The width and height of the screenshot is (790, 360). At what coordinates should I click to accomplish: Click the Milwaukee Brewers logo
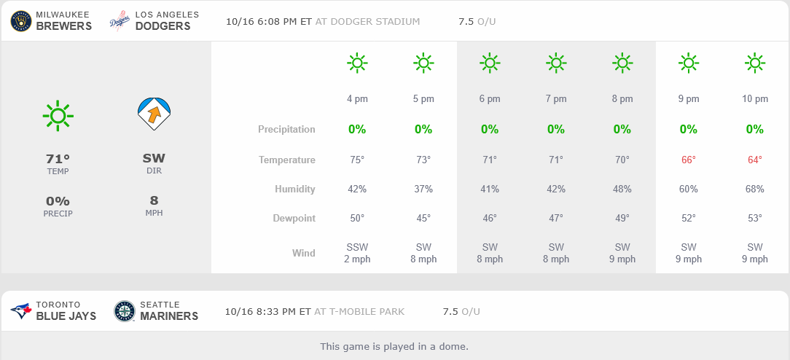click(x=21, y=21)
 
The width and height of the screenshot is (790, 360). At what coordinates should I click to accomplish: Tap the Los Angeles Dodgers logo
click(x=120, y=21)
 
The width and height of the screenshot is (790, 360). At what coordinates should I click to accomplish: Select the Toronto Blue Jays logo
click(x=21, y=311)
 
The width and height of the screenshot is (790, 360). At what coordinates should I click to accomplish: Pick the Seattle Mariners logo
click(x=125, y=311)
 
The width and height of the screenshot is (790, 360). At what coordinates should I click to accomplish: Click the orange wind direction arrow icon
click(x=154, y=114)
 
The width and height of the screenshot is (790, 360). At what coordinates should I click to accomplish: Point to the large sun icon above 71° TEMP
click(x=58, y=115)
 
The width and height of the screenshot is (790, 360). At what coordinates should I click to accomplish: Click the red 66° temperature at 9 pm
click(x=689, y=160)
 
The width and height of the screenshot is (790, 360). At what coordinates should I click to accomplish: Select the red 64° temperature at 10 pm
click(x=755, y=160)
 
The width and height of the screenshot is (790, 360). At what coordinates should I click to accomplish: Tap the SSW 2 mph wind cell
click(x=357, y=253)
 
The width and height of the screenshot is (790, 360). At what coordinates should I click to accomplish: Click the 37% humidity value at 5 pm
click(x=423, y=189)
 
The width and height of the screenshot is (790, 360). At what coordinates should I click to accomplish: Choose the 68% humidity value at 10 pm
click(x=755, y=189)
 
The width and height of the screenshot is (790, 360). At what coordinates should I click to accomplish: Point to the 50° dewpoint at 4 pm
click(x=357, y=218)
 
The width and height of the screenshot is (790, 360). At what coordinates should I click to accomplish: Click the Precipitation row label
click(x=286, y=130)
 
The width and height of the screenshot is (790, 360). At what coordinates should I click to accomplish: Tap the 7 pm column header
click(x=556, y=99)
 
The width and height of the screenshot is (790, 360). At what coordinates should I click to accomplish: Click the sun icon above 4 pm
click(x=357, y=63)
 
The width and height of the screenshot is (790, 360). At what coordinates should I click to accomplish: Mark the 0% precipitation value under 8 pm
click(x=622, y=130)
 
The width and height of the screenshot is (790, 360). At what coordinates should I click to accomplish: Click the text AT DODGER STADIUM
click(x=367, y=21)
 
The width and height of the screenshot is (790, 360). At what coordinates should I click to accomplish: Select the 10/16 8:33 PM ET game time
click(x=267, y=311)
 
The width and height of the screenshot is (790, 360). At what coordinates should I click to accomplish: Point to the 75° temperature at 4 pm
click(x=357, y=160)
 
